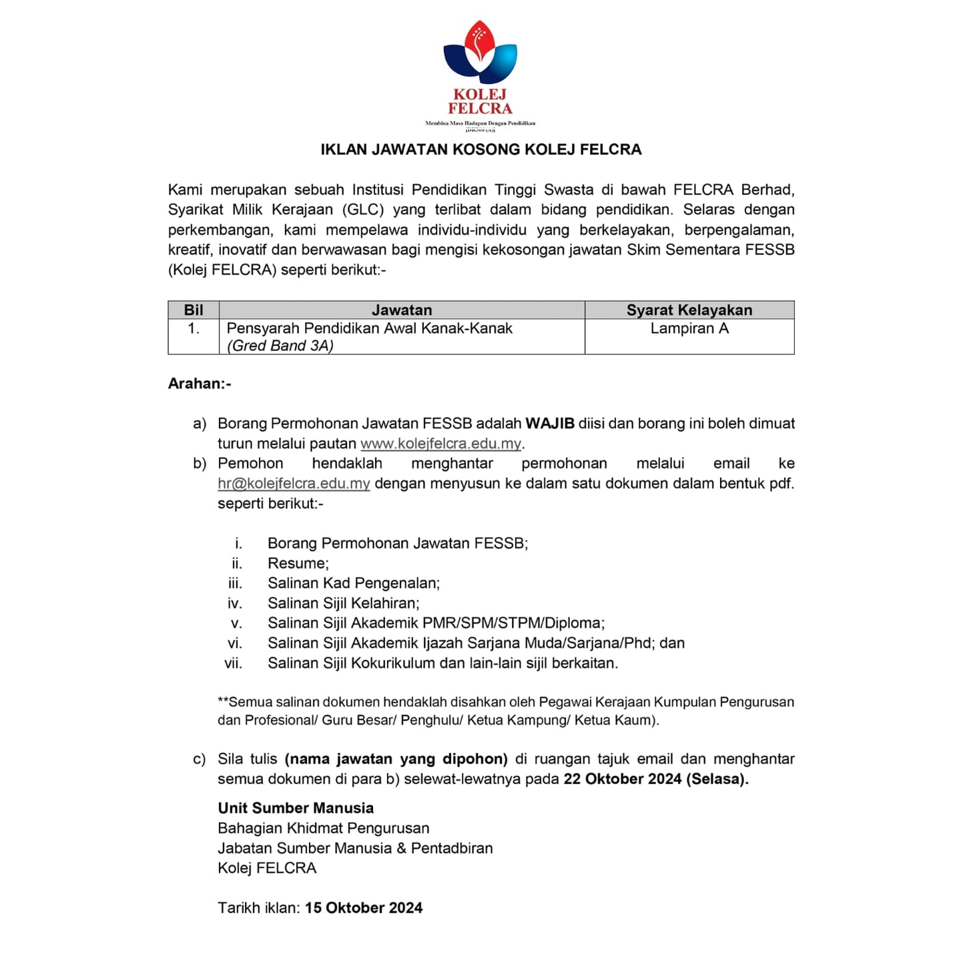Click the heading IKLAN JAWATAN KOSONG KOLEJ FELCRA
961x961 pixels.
point(480,149)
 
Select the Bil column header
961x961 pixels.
point(194,310)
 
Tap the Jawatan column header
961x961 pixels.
point(402,310)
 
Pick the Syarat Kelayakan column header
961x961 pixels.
point(689,310)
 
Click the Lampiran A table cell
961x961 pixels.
point(689,328)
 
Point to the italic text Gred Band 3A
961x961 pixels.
point(280,346)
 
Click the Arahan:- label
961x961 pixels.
point(200,384)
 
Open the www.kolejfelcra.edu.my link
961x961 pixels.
point(440,444)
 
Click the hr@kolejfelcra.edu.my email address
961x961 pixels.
point(294,484)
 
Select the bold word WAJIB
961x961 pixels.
point(550,424)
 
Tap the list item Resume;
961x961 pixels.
point(298,563)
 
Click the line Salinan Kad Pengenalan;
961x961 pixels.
point(354,583)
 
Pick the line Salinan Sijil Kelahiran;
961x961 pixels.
point(344,603)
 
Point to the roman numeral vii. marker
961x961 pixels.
point(233,663)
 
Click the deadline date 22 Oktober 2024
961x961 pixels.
point(623,779)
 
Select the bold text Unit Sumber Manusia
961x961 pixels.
point(296,808)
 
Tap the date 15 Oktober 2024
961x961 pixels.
point(364,908)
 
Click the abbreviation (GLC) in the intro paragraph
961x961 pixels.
point(363,210)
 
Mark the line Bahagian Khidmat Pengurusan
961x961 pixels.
point(324,828)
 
